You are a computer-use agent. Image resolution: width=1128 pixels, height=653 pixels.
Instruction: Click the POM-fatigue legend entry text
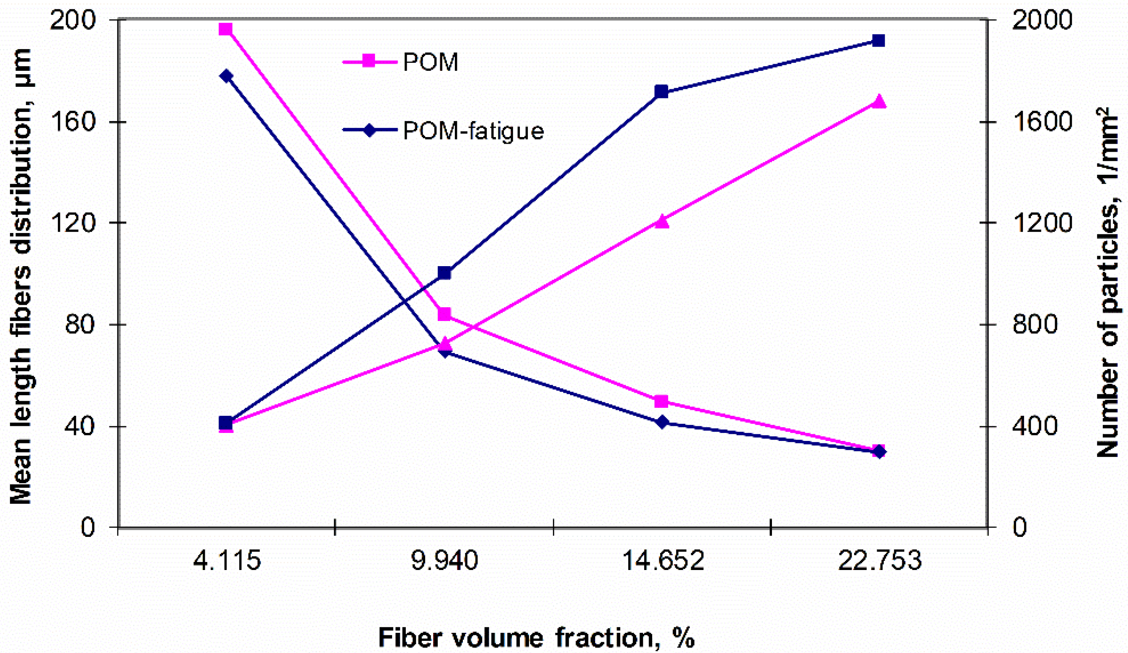(x=473, y=131)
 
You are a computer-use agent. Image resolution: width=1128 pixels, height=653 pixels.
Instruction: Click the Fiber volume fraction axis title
(x=536, y=637)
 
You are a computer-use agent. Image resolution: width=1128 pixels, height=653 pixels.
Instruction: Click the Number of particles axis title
(x=1109, y=282)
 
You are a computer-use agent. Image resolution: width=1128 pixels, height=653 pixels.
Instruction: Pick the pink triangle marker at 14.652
(x=661, y=221)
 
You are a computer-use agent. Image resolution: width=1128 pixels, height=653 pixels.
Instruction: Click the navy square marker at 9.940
(x=444, y=273)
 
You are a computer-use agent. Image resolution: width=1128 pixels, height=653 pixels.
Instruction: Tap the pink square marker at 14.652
(x=661, y=401)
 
